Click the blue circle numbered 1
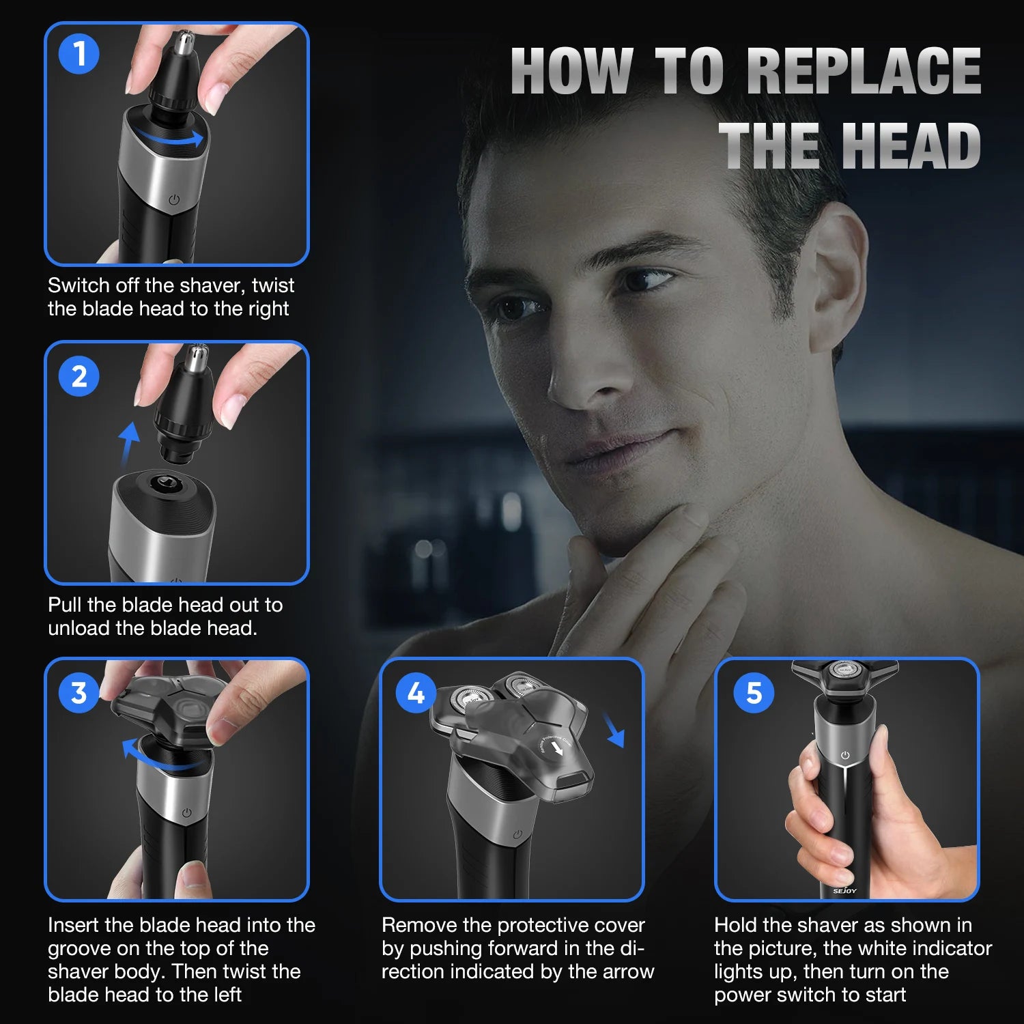click(x=79, y=54)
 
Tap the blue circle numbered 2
click(x=79, y=376)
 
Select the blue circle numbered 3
click(x=79, y=693)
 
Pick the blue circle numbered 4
click(x=416, y=693)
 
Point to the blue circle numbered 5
click(x=754, y=693)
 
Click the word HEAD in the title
click(x=911, y=145)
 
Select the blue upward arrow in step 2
click(x=128, y=443)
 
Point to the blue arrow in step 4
click(x=614, y=730)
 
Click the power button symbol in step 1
click(x=174, y=200)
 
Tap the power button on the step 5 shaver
click(x=845, y=755)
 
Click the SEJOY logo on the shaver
click(x=844, y=891)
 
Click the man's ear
click(x=838, y=273)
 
